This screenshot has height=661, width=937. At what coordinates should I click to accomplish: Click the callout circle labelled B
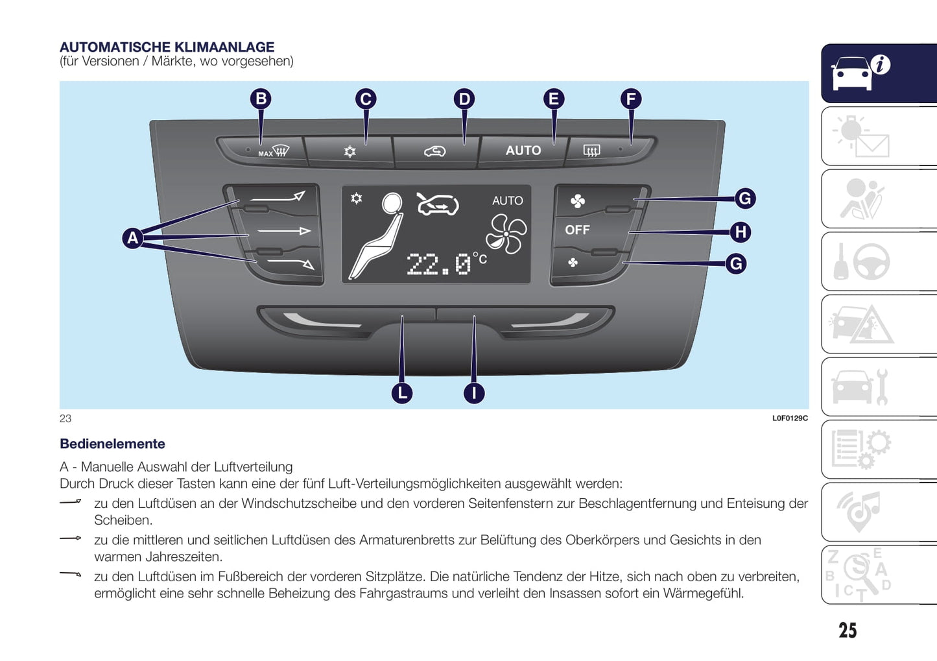click(261, 99)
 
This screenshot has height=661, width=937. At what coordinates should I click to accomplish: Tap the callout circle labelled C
click(366, 99)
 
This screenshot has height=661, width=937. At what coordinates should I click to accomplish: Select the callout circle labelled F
click(631, 99)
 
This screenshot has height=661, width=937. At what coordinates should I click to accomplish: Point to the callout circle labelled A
click(133, 238)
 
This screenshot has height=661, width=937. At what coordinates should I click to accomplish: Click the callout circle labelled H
click(741, 232)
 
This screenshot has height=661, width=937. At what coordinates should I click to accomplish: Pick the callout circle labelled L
click(402, 392)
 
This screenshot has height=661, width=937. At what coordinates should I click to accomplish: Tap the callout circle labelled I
click(474, 392)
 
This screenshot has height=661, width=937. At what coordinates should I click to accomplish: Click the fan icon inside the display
click(506, 234)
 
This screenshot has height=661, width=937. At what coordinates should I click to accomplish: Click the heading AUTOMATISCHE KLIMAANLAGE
click(167, 47)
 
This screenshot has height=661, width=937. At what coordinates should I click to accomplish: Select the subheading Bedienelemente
click(112, 444)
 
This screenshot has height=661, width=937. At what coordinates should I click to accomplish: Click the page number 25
click(847, 631)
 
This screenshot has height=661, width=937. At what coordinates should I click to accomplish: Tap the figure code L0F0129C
click(789, 418)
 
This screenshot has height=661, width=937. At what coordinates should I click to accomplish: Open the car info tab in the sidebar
click(879, 73)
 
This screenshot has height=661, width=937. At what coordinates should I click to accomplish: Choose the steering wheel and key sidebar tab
click(879, 261)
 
